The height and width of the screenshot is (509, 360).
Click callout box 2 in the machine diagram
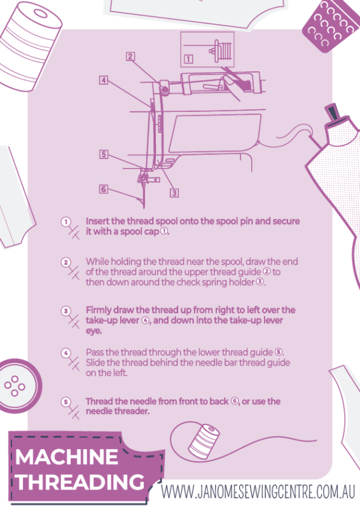coord(129,56)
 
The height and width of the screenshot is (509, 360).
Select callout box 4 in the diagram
coord(103,81)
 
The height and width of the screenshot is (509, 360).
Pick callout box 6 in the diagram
coord(103,188)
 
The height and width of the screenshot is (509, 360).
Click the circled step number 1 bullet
coord(66,221)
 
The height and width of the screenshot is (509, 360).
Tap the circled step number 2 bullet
coord(66,262)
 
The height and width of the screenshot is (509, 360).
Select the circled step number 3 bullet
coord(66,310)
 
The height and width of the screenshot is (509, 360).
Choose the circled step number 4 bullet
coord(66,352)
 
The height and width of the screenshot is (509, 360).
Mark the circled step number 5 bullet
coord(66,401)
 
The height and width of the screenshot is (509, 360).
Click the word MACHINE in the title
coord(67,457)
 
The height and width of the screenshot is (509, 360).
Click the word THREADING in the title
coord(80,482)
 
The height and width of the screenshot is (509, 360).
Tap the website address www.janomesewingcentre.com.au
coord(257,492)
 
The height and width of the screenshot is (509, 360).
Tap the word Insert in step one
coord(99,221)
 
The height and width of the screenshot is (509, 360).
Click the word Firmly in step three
coord(100,310)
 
